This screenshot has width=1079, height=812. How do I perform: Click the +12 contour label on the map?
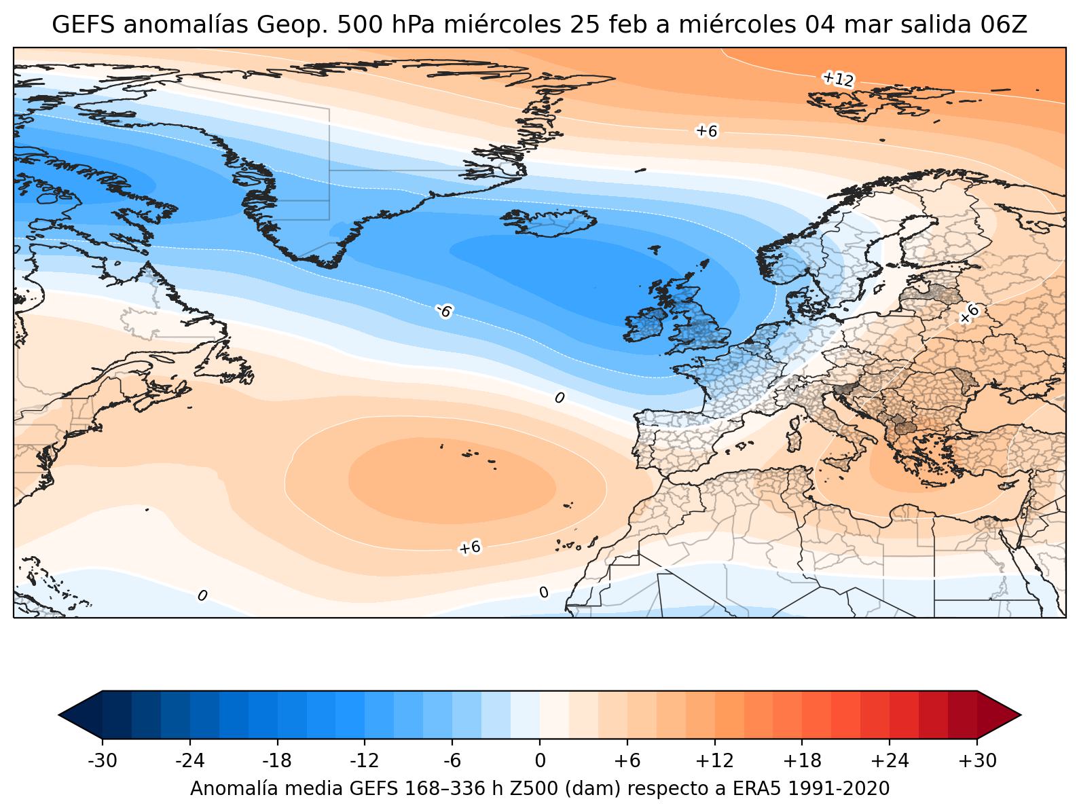point(838,79)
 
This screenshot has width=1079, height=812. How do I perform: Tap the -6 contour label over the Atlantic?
point(444,311)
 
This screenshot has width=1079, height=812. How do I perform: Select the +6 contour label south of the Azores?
point(469,547)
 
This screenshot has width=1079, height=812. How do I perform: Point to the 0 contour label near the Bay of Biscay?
point(560,398)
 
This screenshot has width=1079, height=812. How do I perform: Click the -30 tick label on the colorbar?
point(103,761)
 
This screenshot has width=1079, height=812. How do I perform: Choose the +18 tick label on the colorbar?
point(802,761)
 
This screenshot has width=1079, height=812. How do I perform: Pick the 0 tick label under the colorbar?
point(540,761)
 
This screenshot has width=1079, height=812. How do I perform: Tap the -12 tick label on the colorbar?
point(364,761)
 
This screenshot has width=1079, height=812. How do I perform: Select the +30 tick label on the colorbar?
point(977,761)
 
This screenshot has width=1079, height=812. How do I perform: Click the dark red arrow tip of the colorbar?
point(1021,715)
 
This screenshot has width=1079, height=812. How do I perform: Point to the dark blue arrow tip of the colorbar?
point(60,715)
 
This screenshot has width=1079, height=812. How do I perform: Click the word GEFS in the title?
point(83,24)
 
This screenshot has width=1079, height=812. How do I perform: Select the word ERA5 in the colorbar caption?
point(758,788)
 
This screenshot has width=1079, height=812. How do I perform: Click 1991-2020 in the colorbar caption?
point(839,788)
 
